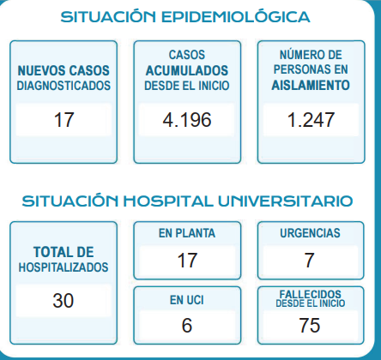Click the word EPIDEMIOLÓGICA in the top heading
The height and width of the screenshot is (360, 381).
click(236, 16)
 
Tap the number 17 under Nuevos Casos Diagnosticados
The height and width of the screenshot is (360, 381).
click(64, 120)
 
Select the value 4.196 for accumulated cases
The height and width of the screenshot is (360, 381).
click(187, 120)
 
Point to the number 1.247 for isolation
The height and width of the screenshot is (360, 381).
click(311, 120)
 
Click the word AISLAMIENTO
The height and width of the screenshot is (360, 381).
click(311, 85)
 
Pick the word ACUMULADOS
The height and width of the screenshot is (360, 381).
click(187, 71)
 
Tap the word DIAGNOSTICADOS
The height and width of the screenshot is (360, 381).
click(63, 86)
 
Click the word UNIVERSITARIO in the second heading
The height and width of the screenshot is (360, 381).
click(285, 201)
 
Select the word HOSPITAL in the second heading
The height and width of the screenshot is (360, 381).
click(168, 201)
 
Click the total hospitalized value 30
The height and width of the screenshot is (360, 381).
click(63, 301)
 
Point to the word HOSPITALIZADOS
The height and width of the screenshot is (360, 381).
click(63, 267)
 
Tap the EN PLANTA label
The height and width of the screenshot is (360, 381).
click(187, 233)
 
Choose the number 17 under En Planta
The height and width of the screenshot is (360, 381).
click(187, 261)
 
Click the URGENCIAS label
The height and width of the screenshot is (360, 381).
click(310, 233)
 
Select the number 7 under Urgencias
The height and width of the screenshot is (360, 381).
click(309, 261)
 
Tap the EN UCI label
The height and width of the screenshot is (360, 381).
click(187, 300)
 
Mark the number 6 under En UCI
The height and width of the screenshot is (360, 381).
click(187, 325)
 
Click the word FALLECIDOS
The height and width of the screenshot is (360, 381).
click(311, 294)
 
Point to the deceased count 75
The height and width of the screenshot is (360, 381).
click(310, 325)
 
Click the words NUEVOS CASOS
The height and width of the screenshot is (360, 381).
click(63, 71)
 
